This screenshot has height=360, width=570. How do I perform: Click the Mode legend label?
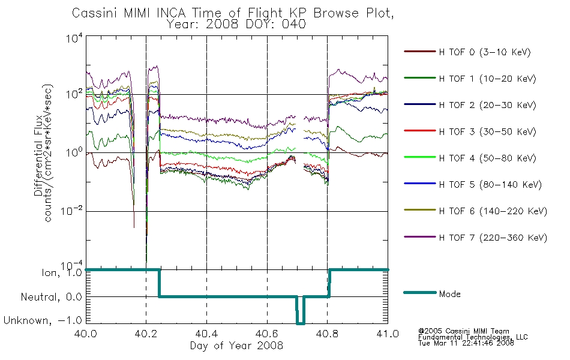tap(449, 294)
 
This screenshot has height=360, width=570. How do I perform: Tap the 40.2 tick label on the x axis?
tap(146, 334)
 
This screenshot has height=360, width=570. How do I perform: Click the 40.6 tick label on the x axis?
tap(267, 334)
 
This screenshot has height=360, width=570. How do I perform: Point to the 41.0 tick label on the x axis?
tap(388, 334)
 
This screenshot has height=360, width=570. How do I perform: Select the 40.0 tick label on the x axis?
tap(85, 334)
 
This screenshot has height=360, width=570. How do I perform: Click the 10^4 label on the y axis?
tap(74, 38)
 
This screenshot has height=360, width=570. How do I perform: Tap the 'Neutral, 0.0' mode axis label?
tap(51, 298)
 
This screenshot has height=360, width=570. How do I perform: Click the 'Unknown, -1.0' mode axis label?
tap(43, 320)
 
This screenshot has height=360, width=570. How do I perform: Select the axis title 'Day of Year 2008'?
tap(236, 346)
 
